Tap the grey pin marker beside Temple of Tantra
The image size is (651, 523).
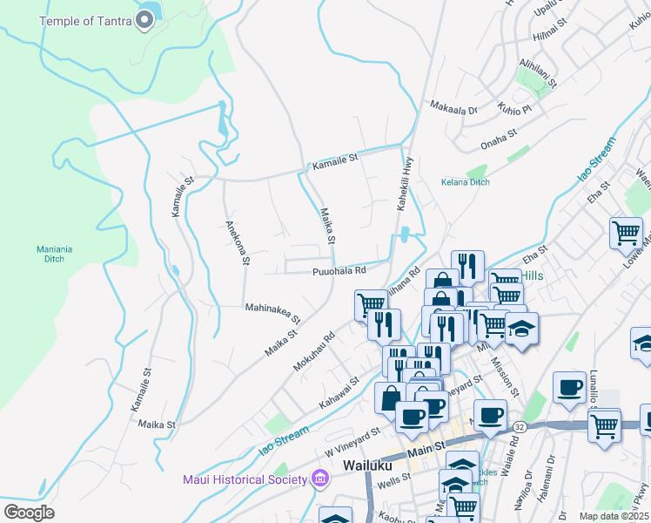[145, 21]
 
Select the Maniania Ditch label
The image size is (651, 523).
[50, 254]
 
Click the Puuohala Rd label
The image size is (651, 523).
[339, 272]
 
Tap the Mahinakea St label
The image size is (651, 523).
[272, 312]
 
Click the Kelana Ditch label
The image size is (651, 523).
[465, 182]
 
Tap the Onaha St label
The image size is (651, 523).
[499, 133]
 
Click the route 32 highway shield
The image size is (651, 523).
[519, 427]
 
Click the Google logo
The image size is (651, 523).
[29, 513]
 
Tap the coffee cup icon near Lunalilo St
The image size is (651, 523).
[570, 387]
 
